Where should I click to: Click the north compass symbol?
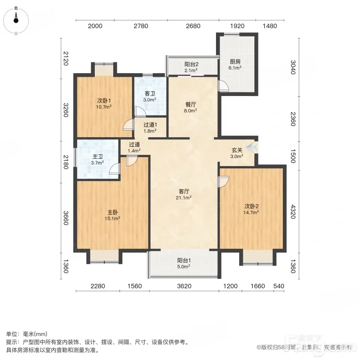point(16,21)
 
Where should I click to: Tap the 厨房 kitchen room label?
point(235,64)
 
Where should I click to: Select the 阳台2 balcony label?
point(191,67)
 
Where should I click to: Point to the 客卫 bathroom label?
point(150,96)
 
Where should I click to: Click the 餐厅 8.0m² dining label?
point(190,107)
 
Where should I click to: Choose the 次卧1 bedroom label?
point(104,104)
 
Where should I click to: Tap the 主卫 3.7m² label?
point(97,160)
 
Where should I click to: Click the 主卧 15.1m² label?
point(112,215)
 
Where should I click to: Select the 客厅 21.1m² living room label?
point(184,194)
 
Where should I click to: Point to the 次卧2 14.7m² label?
point(251,209)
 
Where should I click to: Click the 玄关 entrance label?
point(237,153)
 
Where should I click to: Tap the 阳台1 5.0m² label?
point(184,263)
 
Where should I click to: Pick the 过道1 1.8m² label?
point(150,128)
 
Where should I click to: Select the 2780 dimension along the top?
point(141,26)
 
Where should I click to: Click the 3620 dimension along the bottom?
point(184,286)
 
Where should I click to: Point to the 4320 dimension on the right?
point(293,212)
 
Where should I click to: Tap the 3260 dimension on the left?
point(66,110)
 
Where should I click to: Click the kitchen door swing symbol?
point(223,86)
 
